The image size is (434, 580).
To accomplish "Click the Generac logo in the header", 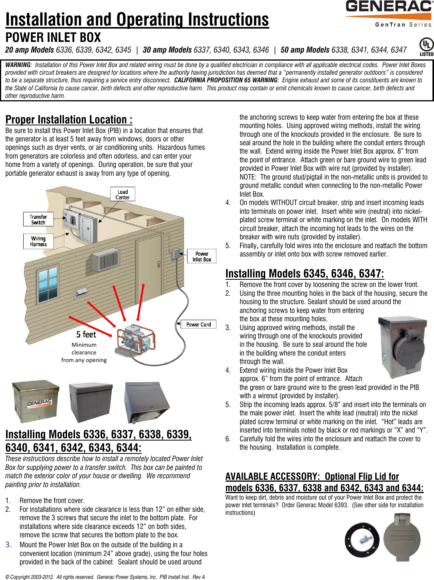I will coord(388,13).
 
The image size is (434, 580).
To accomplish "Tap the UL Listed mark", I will coord(426,47).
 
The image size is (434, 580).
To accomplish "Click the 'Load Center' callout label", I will coord(122,194).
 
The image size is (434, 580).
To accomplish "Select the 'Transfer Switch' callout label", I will coord(38,220).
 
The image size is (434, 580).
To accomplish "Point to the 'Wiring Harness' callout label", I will coord(38,241).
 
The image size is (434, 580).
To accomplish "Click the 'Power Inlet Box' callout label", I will coord(202,256).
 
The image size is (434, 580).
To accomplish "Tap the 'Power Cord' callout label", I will coord(198,324).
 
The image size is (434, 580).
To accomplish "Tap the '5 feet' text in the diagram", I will coord(86,335).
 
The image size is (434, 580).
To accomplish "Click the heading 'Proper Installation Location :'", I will coord(69,120).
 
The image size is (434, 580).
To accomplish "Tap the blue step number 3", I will coord(8,545).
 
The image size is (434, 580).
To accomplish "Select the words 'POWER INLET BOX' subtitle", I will coord(53,37).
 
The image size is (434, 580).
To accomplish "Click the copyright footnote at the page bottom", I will coord(105,577).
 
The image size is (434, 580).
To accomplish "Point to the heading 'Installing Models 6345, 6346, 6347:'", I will coord(304,274).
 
